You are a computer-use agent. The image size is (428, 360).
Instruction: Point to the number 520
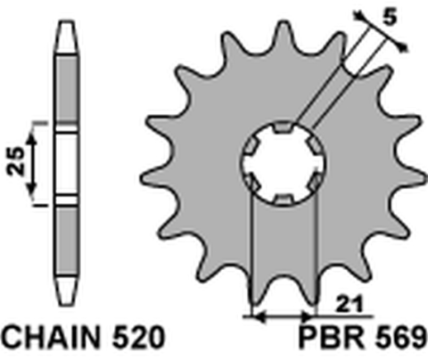pyautogui.click(x=137, y=340)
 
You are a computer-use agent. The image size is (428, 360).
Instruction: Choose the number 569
pyautogui.click(x=402, y=340)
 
